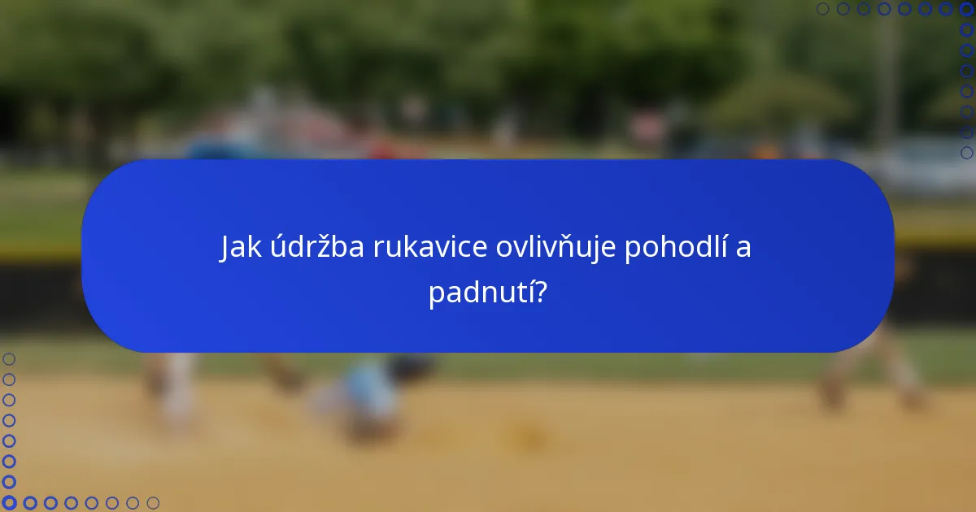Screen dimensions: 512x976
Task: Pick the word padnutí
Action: pyautogui.click(x=478, y=293)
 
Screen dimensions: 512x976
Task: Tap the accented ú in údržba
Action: pyautogui.click(x=276, y=248)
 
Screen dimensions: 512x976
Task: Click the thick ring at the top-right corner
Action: pyautogui.click(x=966, y=9)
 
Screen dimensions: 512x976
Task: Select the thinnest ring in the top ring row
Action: pyautogui.click(x=822, y=9)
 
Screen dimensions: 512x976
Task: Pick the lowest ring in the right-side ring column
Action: pyautogui.click(x=966, y=152)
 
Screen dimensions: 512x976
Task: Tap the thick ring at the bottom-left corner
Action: pyautogui.click(x=9, y=503)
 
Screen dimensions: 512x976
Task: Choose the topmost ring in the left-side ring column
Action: pyautogui.click(x=9, y=358)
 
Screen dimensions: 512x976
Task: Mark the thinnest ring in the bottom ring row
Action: pyautogui.click(x=153, y=503)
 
